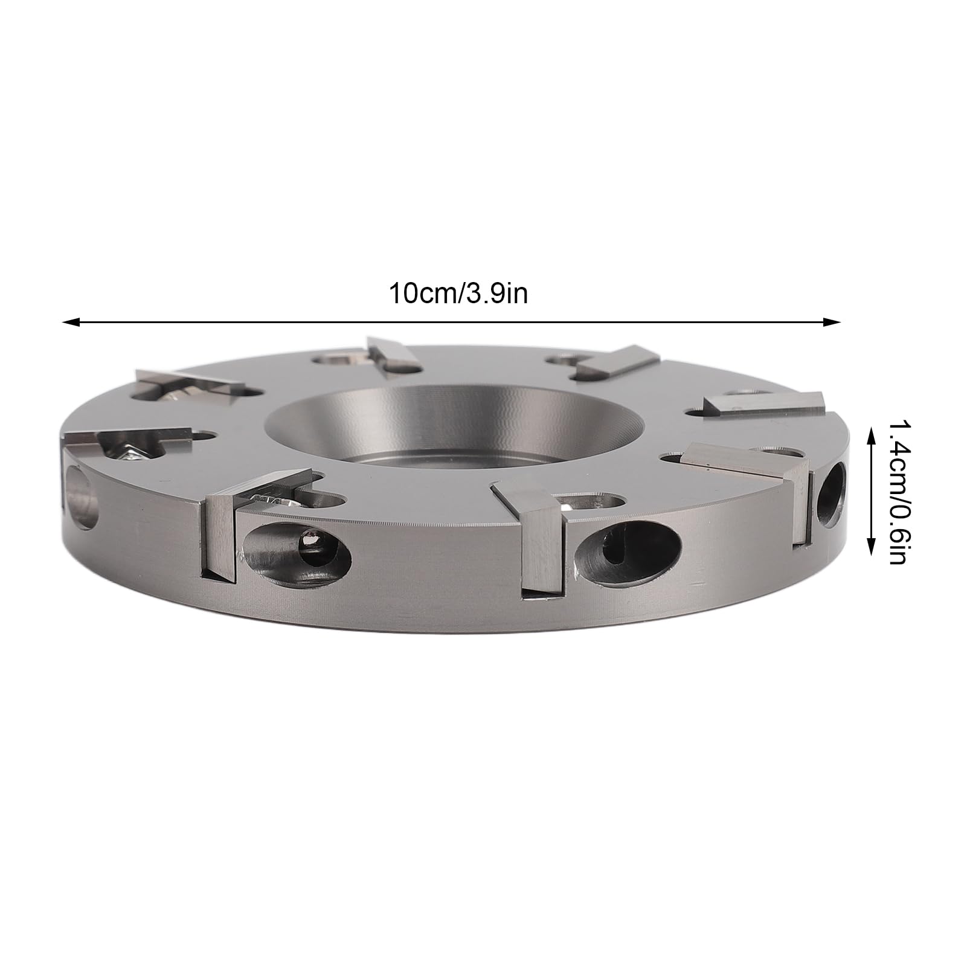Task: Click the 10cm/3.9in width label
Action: click(458, 295)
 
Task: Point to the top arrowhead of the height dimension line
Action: click(872, 431)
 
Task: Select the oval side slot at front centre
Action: click(628, 548)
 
